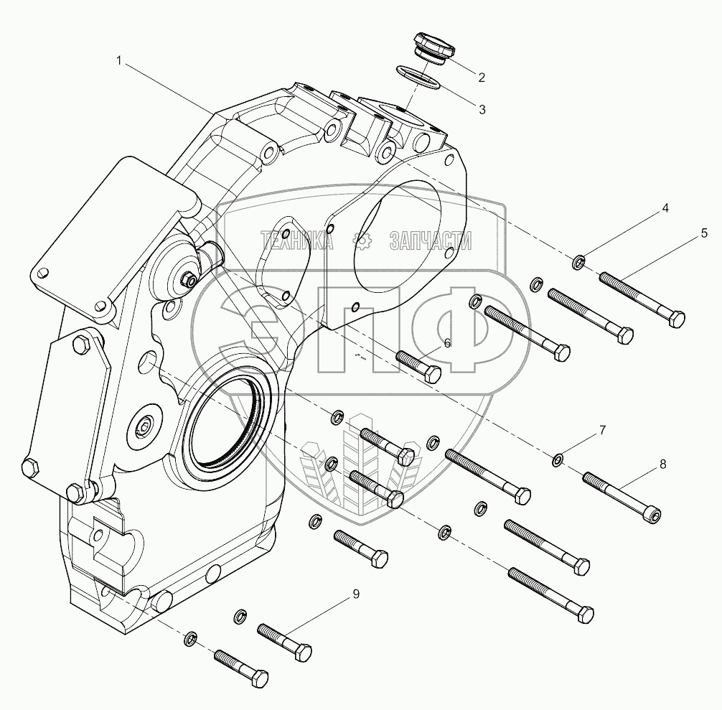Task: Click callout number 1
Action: (120, 61)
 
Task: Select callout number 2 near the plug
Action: (482, 77)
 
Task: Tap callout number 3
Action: (482, 110)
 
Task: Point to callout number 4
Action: (665, 208)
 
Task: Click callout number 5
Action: (704, 233)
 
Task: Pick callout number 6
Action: (447, 343)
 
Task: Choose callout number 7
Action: (603, 431)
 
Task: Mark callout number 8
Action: (662, 464)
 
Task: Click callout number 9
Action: (355, 594)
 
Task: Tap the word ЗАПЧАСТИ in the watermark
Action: (431, 242)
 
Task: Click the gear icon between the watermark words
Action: (365, 242)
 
